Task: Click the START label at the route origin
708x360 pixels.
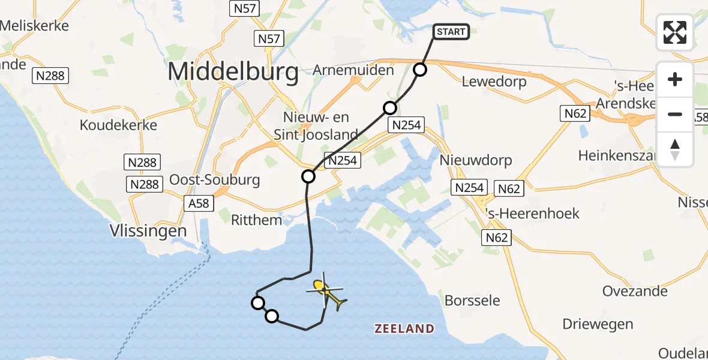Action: (451, 32)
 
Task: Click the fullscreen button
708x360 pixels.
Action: (675, 32)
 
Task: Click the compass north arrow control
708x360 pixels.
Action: (675, 149)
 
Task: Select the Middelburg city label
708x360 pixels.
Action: (233, 72)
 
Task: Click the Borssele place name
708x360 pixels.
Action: (472, 300)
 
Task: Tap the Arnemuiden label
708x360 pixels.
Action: (353, 70)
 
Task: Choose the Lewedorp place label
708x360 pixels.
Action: (494, 82)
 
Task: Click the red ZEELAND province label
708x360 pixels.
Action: (404, 328)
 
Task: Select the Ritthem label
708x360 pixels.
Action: (256, 220)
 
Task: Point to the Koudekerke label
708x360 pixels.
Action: (119, 125)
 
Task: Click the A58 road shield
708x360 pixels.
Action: (199, 203)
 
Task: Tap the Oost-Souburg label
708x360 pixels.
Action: (214, 179)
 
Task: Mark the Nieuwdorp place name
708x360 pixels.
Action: (476, 160)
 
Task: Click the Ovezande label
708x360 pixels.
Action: (635, 291)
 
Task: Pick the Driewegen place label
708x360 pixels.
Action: (598, 324)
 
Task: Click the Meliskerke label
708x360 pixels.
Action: (35, 26)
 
